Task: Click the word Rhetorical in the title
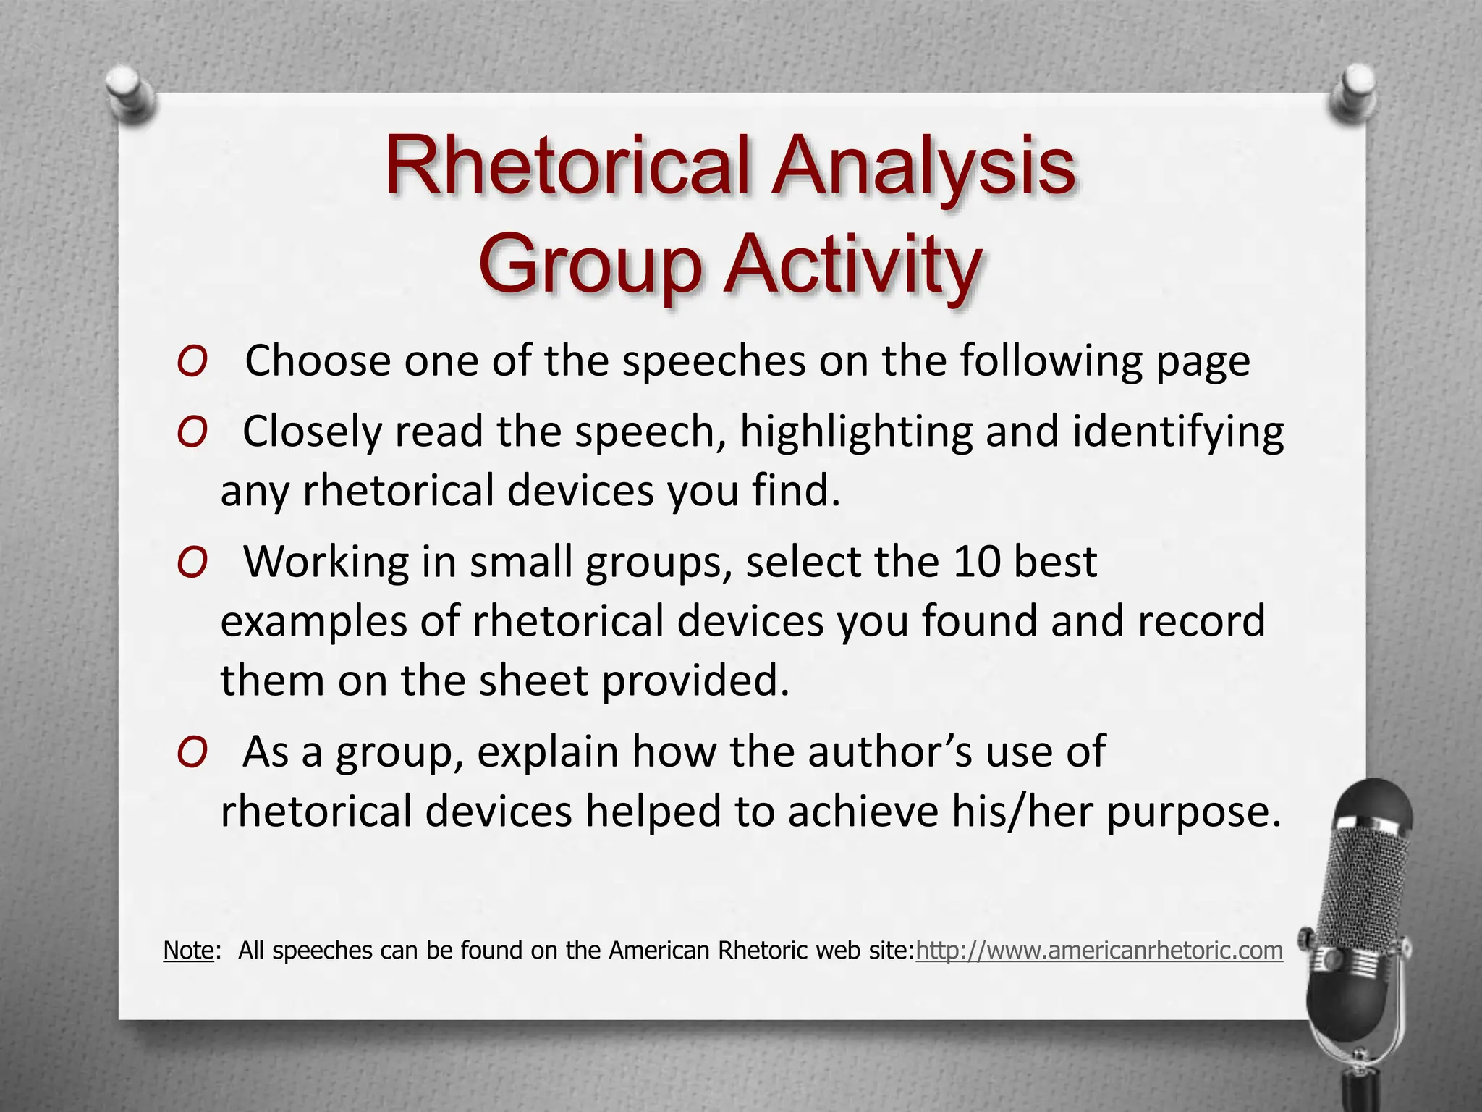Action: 570,167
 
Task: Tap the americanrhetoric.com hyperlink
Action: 1099,950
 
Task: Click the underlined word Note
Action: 189,950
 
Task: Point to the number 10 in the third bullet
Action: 976,562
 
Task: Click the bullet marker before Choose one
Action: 192,362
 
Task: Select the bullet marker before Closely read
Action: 192,433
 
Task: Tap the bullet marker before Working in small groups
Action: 192,563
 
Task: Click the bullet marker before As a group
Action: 192,753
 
